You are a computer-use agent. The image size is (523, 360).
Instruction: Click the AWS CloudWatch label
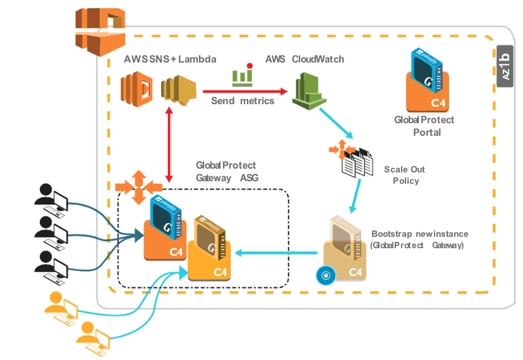(304, 59)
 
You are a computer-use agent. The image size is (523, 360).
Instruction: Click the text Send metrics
(243, 101)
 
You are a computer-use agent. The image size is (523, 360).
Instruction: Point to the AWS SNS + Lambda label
(171, 59)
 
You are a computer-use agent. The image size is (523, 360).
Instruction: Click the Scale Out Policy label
(404, 175)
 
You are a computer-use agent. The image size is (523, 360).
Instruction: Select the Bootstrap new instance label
(419, 239)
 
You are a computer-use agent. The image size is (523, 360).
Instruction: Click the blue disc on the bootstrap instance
(325, 275)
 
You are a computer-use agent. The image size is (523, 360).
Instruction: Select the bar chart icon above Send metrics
(243, 75)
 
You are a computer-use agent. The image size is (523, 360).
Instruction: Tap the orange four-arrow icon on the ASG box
(138, 187)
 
